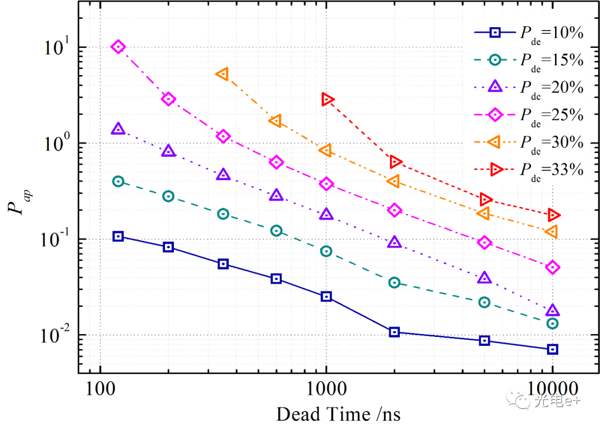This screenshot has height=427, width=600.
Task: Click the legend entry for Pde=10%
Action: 528,33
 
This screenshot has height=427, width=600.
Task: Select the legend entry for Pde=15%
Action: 528,59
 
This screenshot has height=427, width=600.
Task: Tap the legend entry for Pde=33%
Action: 528,169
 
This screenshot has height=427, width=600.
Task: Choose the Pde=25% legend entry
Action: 528,115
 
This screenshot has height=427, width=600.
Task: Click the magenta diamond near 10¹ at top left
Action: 118,47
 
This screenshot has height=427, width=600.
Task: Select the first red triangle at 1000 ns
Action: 327,100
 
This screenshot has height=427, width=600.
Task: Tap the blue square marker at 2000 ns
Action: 394,332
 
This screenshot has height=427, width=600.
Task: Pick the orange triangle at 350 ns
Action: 223,74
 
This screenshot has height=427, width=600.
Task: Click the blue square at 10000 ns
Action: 552,349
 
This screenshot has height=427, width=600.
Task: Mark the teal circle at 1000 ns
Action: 326,251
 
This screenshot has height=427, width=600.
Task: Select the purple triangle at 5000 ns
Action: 484,278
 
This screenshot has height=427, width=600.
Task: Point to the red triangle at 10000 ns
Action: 553,215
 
